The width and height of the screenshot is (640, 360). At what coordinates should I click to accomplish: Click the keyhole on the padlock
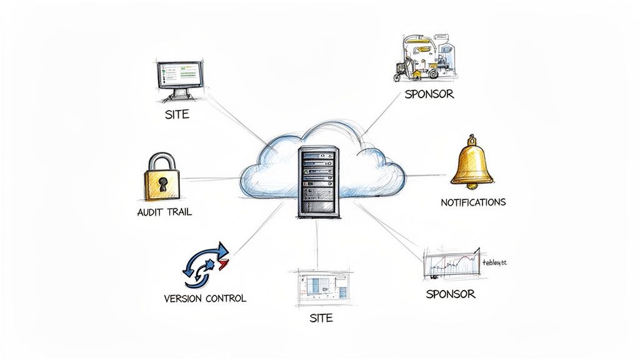pos(162,183)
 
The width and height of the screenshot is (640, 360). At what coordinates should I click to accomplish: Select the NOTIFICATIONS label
pos(473,202)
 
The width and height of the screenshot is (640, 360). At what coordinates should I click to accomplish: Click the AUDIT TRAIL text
pos(164,212)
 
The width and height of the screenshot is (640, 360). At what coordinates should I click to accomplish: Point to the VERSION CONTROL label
pos(204,298)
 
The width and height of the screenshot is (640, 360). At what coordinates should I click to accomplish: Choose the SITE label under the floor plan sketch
pos(321,318)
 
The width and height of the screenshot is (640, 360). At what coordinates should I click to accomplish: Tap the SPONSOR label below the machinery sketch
pos(429,95)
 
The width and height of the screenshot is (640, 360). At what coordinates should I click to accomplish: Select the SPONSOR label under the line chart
pos(450,294)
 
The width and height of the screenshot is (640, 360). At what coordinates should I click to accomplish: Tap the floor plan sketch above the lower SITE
pos(321,286)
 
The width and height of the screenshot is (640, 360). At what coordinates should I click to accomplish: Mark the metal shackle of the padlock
pos(162,159)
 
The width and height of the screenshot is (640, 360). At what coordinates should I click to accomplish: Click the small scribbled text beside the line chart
pos(494,263)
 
